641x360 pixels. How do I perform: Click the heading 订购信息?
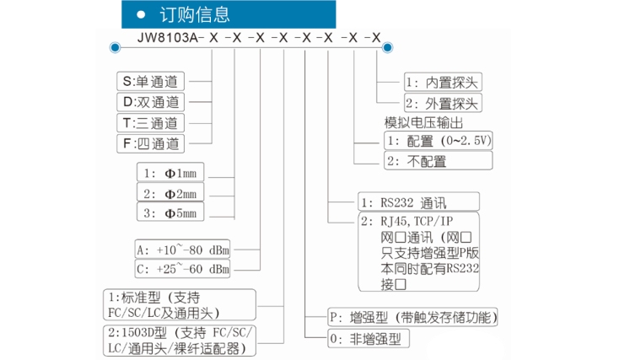point(195,15)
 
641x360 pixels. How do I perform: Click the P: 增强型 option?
point(412,317)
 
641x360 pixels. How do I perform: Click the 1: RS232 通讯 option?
point(417,202)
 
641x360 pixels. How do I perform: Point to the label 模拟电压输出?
point(423,122)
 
